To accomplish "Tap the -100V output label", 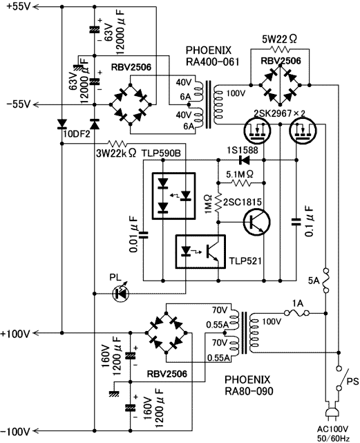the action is pos(15,431).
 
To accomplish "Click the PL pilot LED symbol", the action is pos(121,294).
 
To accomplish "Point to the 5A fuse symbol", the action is pos(326,281).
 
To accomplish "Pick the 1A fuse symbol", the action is pos(296,313).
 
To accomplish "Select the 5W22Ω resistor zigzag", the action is pos(280,50).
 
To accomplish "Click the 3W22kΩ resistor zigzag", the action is pos(117,143).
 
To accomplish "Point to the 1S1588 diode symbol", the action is pos(245,160).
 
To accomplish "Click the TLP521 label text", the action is pos(245,261).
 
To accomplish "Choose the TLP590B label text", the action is pos(161,153).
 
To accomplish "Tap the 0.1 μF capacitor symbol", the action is pos(296,222).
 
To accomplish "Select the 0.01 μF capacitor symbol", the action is pos(144,235).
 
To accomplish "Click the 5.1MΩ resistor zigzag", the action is pos(241,183).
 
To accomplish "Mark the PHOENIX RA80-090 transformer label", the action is pos(249,385).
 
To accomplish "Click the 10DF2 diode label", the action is pos(77,134).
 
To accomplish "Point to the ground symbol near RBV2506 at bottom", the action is pos(113,393).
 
